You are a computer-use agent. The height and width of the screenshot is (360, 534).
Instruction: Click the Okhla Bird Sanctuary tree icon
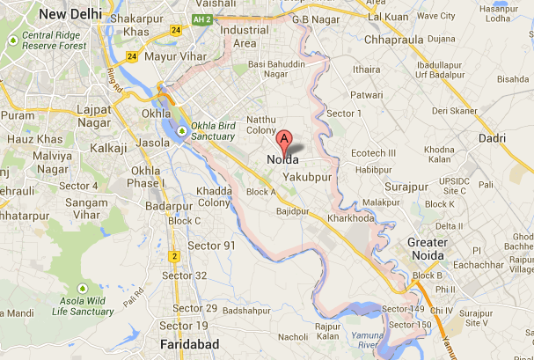[181, 132]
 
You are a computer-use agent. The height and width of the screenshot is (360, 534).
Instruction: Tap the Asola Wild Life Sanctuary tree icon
[83, 289]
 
